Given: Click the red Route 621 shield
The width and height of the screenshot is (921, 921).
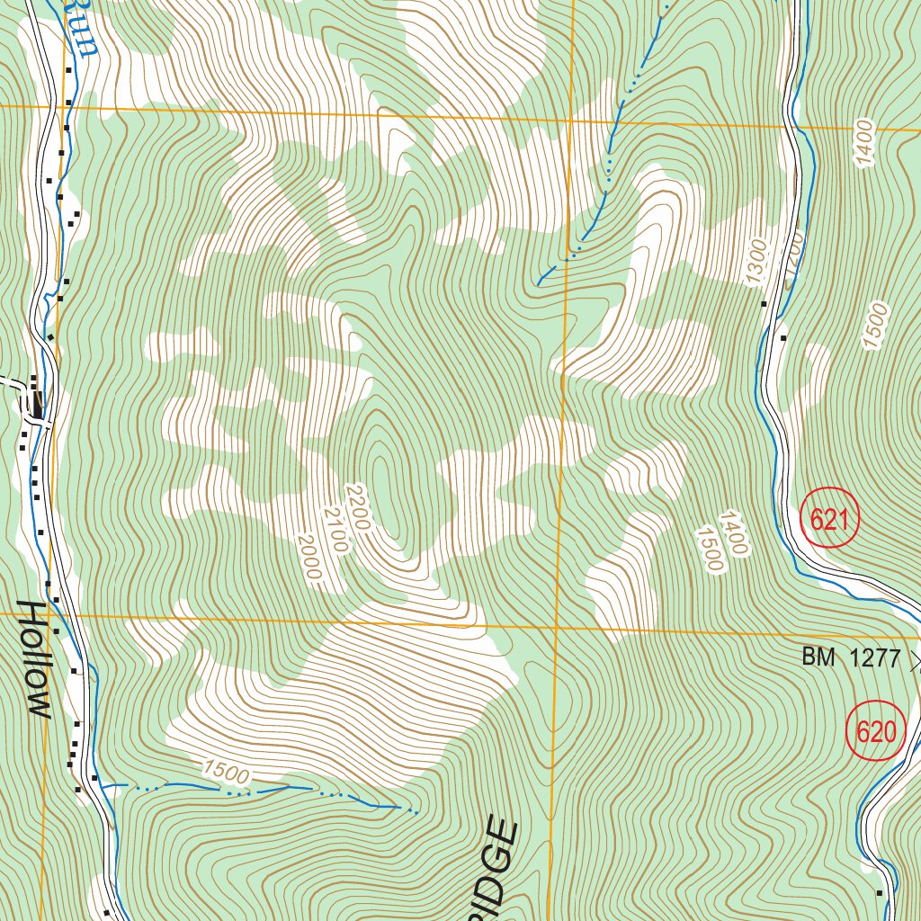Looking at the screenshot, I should tap(829, 519).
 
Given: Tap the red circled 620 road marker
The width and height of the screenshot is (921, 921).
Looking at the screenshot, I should tap(875, 731).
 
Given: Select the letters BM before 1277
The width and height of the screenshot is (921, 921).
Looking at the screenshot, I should tap(818, 658).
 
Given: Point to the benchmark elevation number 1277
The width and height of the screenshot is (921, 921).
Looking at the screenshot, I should tap(876, 658).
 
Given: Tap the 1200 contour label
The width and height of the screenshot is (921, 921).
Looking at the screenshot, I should tap(791, 261).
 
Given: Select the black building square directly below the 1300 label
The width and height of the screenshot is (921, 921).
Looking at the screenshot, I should tap(765, 304).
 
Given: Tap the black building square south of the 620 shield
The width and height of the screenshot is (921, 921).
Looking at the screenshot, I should tap(880, 892).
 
